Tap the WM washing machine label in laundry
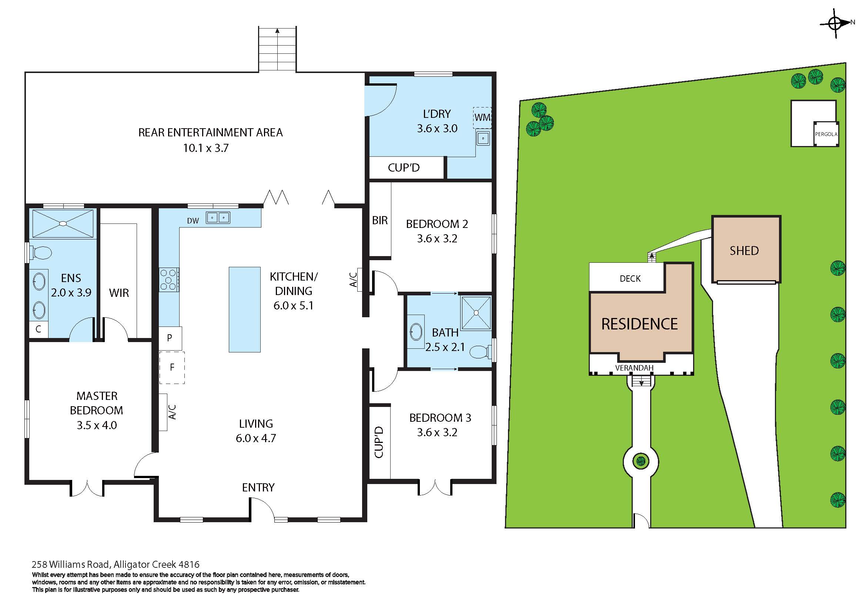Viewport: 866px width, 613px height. click(x=482, y=117)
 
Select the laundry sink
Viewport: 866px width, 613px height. click(x=483, y=138)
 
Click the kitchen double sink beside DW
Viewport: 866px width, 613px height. click(x=218, y=218)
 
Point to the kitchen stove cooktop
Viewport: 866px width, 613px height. click(x=168, y=280)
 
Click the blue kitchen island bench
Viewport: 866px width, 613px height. click(x=244, y=309)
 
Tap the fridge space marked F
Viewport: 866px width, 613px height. click(x=172, y=367)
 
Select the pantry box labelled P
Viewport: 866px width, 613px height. click(x=170, y=338)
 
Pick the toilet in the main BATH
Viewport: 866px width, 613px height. click(x=479, y=352)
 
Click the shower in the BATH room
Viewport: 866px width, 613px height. click(x=476, y=313)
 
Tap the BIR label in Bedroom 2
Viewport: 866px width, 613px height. click(x=379, y=221)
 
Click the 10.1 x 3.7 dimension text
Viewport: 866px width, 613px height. click(x=206, y=148)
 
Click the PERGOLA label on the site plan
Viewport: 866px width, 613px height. click(x=826, y=134)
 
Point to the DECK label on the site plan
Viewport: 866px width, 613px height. click(x=630, y=279)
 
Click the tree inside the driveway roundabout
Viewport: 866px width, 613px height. click(x=641, y=461)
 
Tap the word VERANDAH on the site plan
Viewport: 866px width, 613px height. click(x=634, y=368)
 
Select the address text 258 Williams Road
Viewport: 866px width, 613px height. click(x=71, y=564)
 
